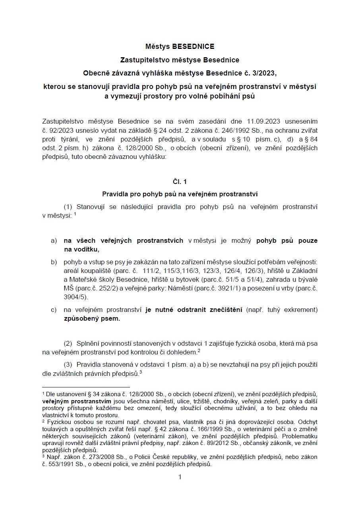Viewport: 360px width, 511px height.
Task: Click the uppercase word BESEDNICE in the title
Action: (193, 46)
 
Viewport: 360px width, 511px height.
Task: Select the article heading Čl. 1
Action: (180, 182)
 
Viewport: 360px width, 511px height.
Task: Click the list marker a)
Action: (53, 241)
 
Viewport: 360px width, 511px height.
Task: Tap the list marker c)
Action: (53, 310)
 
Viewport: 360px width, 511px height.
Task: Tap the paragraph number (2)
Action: (68, 343)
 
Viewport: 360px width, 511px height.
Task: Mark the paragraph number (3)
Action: (68, 364)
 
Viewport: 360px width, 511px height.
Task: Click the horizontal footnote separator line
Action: (86, 387)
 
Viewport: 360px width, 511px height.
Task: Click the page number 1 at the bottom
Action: (180, 477)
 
